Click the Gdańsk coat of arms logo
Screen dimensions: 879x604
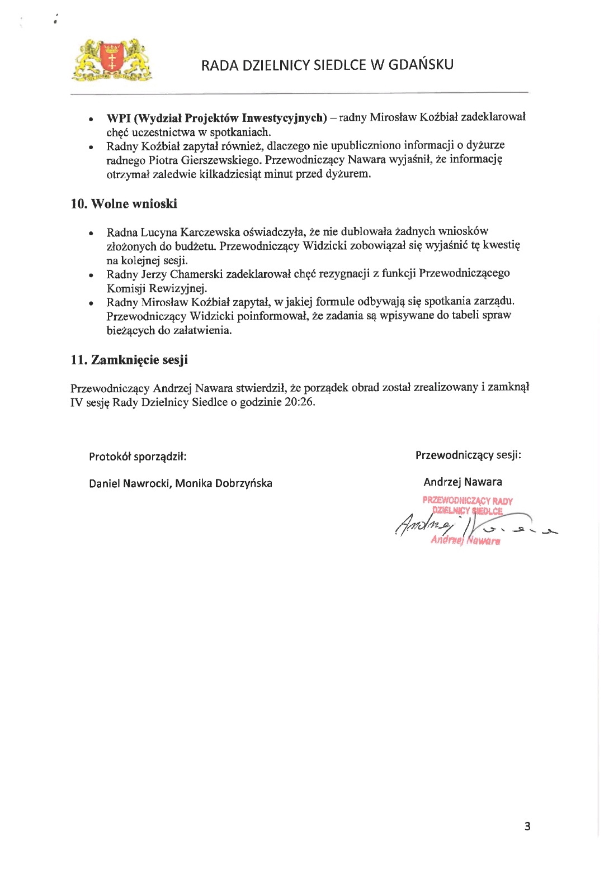click(x=112, y=59)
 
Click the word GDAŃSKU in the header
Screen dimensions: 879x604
click(x=421, y=65)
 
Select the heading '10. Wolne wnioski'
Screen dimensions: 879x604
click(x=124, y=203)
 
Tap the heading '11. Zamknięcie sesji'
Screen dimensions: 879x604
click(x=129, y=360)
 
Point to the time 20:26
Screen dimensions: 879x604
click(x=299, y=402)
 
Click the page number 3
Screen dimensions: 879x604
click(x=527, y=826)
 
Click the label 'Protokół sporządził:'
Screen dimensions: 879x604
click(x=138, y=457)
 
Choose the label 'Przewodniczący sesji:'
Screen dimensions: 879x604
click(x=468, y=455)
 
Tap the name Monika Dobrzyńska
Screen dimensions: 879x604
click(x=224, y=483)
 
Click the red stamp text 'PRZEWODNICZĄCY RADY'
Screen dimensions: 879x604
click(x=468, y=501)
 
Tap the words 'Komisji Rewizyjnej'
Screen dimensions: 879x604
click(x=157, y=288)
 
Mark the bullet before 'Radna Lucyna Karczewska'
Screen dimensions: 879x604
click(x=90, y=233)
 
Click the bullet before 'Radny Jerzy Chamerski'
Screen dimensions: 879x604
click(x=90, y=275)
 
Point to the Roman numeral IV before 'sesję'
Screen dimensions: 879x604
click(x=77, y=402)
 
